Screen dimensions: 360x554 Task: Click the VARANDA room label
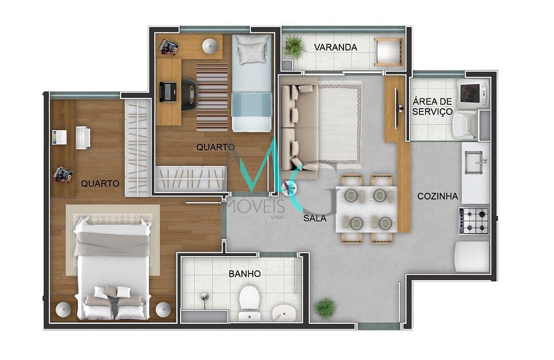coord(337,48)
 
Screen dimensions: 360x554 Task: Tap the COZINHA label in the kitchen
coord(438,196)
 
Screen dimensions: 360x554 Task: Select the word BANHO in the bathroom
coord(245,274)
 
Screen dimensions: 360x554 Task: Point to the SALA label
coord(314,218)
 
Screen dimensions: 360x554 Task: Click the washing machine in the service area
coord(473,94)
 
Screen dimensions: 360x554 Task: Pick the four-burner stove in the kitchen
coord(474,221)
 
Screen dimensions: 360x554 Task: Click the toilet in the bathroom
coord(249,300)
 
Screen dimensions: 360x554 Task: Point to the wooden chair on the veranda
coord(388,52)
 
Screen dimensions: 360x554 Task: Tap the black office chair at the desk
coord(189,94)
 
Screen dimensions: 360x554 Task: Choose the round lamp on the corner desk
coord(210,46)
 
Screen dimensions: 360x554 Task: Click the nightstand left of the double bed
coord(63,309)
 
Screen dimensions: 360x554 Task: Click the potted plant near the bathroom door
coord(325,308)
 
